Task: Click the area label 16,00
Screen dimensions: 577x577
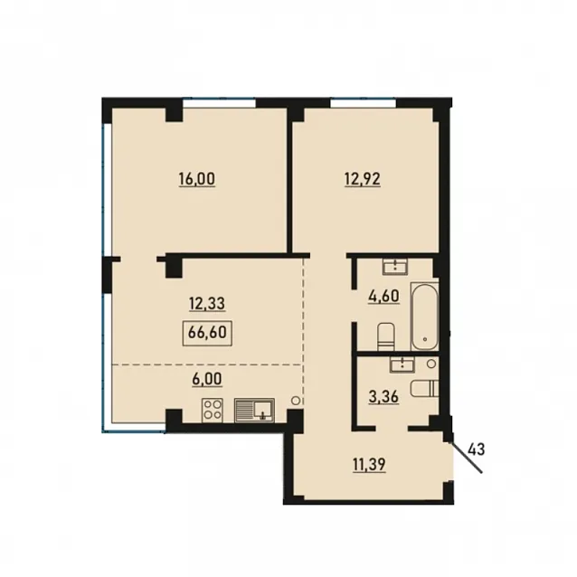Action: pos(197,180)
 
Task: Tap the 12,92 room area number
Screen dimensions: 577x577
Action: pos(363,180)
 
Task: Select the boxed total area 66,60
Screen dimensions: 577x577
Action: pos(207,333)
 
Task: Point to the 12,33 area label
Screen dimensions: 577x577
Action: pos(207,304)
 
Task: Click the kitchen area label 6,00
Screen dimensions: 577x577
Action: pos(207,379)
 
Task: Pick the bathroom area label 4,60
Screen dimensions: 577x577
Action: pos(383,296)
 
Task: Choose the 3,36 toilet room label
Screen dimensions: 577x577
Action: pos(383,397)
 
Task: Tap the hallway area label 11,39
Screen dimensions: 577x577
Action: pos(370,464)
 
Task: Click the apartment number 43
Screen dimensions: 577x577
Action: pos(477,449)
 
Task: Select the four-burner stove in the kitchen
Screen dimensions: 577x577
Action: pos(213,411)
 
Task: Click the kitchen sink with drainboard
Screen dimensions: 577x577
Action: pos(254,411)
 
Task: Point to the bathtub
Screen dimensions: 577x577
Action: pos(425,317)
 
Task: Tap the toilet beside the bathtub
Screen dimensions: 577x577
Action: pos(385,336)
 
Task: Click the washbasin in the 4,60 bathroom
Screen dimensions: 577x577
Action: pos(395,266)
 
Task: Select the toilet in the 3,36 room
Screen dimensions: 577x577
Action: pos(425,389)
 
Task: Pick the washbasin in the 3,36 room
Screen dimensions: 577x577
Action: pos(402,364)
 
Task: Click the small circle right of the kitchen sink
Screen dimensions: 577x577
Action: pos(297,401)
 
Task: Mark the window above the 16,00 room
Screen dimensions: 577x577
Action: pos(220,103)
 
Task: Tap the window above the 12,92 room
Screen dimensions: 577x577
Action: pos(363,103)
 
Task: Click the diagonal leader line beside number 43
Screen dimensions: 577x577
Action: pos(466,457)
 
